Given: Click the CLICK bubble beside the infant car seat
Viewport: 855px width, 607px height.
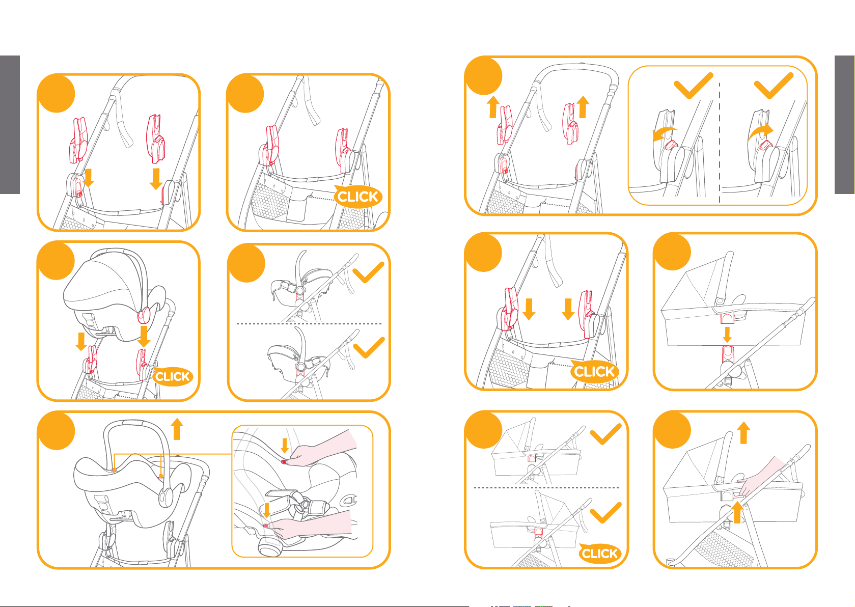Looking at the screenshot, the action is point(172,376).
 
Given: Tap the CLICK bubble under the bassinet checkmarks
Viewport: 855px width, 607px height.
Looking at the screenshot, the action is point(599,554).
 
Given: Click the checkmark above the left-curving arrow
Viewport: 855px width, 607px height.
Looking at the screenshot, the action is point(693,86).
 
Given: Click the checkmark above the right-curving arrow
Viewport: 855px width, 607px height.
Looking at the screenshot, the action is point(774,86).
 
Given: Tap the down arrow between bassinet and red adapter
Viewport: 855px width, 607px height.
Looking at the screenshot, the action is point(728,335).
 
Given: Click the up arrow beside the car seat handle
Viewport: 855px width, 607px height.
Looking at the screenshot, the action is point(177,429).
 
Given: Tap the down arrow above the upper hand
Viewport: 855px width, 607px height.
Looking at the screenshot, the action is point(285,445).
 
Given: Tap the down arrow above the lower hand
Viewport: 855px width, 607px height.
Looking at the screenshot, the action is point(266,510).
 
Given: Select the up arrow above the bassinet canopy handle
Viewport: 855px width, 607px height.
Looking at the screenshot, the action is point(743,432).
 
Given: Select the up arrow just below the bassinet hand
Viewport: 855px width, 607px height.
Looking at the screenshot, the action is point(737,512).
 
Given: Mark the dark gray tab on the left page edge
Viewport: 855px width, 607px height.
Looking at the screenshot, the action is point(10,125).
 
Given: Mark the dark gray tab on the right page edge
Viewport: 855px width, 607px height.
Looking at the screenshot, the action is point(844,125).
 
